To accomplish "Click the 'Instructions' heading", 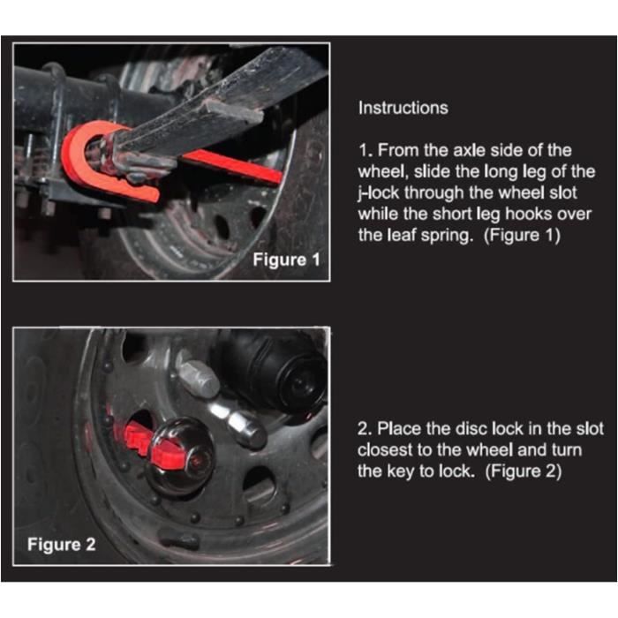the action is click(403, 108).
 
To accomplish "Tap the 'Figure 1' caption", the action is click(286, 260).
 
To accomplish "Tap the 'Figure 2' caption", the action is click(62, 545).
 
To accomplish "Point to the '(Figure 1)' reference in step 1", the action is click(522, 236).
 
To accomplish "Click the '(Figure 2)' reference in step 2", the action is click(523, 471).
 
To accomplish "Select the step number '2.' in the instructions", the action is click(365, 429).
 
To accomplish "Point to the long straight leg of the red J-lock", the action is click(231, 167).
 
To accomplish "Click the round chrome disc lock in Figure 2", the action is click(180, 456).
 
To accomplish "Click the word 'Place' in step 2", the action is click(399, 428).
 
